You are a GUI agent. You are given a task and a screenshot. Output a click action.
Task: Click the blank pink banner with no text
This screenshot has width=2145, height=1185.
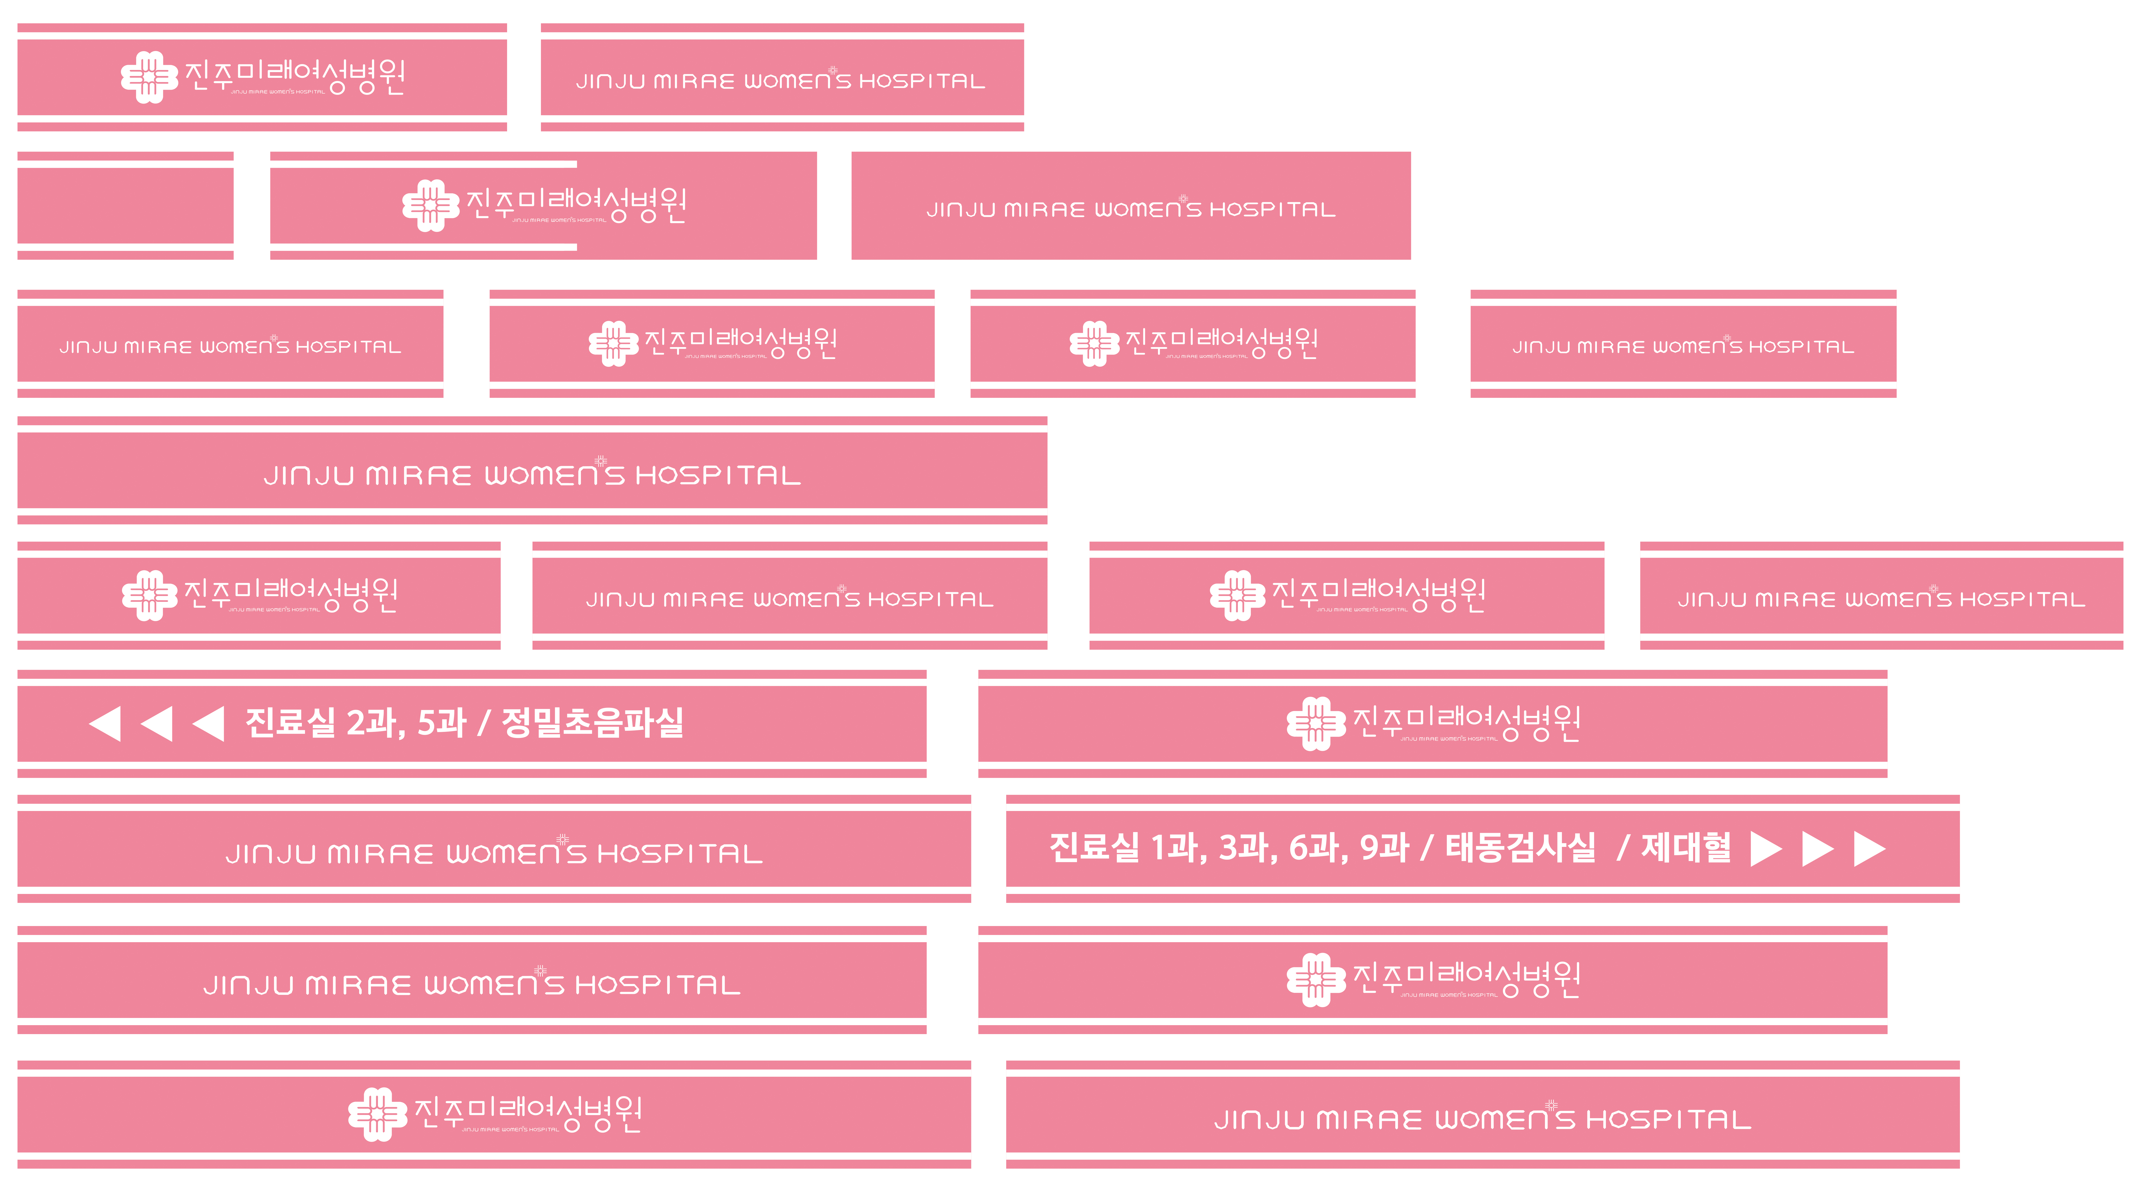click(125, 206)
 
